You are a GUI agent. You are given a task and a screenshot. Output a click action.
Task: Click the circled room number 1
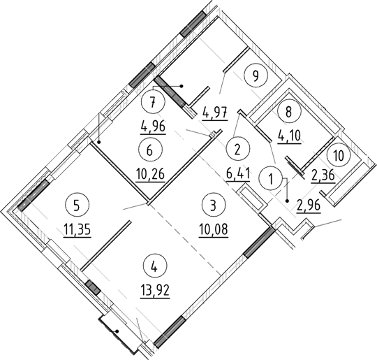coord(269,179)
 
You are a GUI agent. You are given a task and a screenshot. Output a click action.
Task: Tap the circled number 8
coord(285,111)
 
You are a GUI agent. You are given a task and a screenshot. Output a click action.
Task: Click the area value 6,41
coord(238,172)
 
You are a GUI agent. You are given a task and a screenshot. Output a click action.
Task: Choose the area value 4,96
coord(154,127)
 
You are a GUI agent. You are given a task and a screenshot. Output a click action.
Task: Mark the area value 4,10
coord(286,134)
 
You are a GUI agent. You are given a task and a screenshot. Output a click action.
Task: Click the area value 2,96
coord(311,205)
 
